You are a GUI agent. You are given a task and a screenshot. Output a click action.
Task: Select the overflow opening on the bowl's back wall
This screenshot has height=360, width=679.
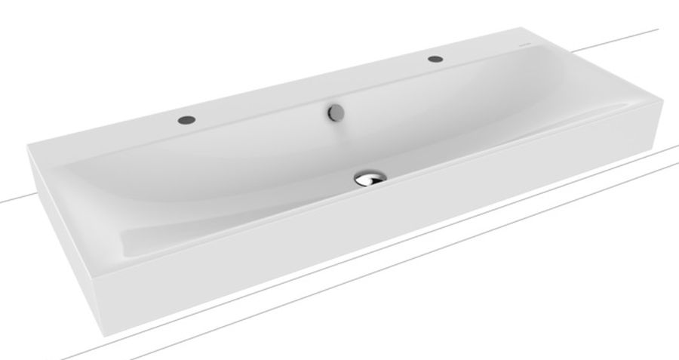(x=334, y=113)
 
